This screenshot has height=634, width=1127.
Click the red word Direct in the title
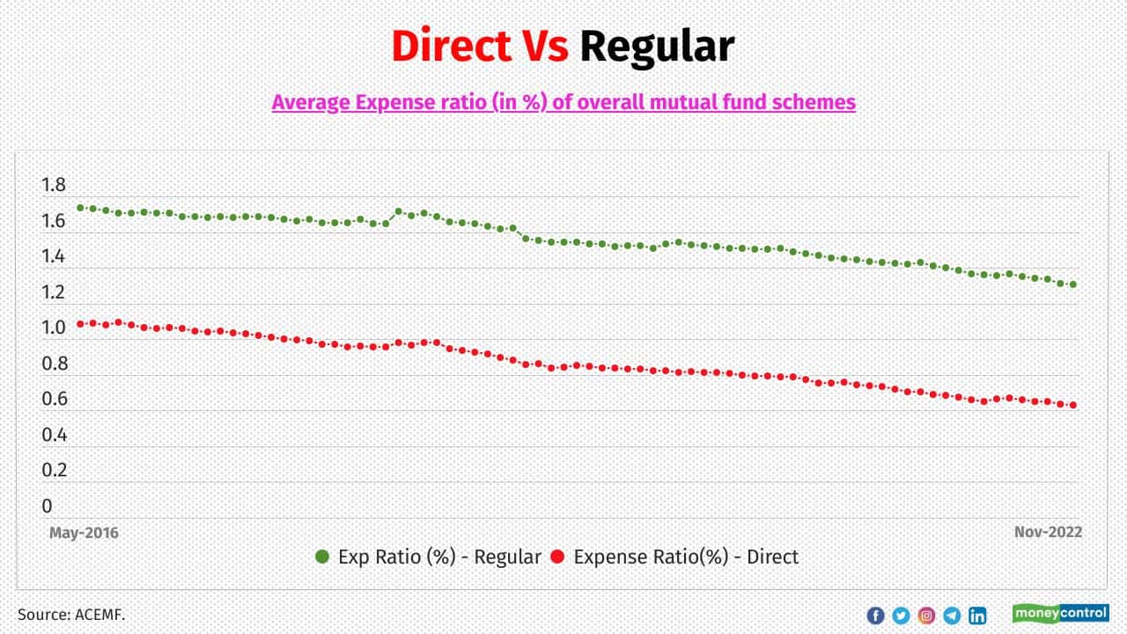(451, 47)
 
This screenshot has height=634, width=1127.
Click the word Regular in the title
(656, 47)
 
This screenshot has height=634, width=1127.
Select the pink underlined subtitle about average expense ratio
(563, 102)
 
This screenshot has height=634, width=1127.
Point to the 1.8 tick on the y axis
(54, 185)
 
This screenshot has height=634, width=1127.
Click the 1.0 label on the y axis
(54, 328)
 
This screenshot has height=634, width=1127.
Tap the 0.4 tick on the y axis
(54, 434)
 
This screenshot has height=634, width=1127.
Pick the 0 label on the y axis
(47, 506)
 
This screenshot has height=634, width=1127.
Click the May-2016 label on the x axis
(84, 533)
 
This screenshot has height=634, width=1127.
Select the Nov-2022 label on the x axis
(1047, 533)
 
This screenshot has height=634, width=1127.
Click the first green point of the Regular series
(80, 208)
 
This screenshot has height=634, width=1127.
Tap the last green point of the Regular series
(1073, 284)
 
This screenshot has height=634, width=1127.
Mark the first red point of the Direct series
(80, 324)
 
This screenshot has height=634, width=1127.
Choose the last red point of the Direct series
(1073, 405)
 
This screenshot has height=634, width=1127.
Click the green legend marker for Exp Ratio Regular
(322, 557)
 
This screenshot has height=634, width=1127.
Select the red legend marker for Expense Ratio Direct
(556, 557)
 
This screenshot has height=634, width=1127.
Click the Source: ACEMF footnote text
(71, 614)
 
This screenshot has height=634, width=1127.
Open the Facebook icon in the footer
(875, 616)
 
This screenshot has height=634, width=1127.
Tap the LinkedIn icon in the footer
(977, 616)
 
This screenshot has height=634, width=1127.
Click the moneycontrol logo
(1060, 613)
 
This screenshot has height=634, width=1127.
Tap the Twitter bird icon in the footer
(901, 616)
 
